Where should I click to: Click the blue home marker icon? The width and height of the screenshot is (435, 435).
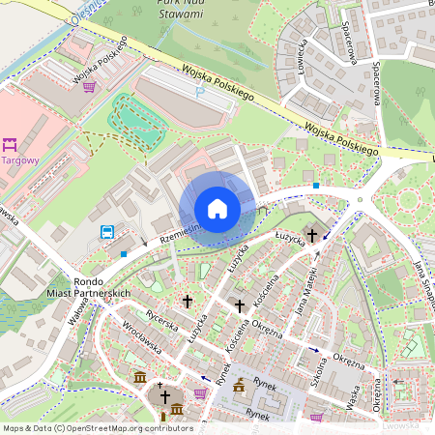coord(217,209)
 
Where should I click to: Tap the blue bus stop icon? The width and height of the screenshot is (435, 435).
coord(107,231)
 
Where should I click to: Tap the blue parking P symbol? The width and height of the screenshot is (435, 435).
coord(200,93)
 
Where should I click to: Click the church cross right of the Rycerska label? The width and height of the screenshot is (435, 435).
coord(188,302)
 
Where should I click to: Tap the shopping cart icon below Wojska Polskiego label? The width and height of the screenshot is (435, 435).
coord(89,86)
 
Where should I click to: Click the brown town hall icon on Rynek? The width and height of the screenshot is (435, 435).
coord(239,387)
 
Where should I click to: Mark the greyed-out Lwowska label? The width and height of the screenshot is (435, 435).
coord(401,423)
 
